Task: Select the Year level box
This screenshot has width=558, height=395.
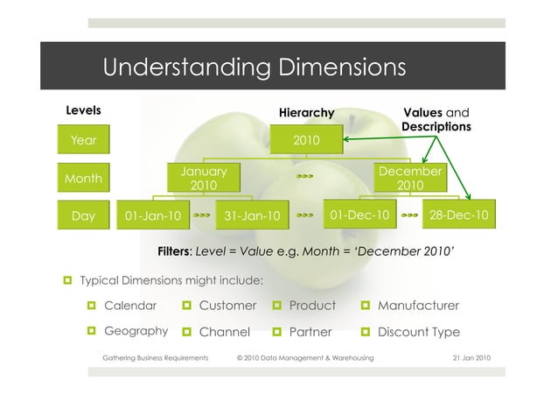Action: point(83,139)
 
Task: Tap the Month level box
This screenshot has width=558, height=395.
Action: point(83,179)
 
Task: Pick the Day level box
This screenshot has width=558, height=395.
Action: point(83,215)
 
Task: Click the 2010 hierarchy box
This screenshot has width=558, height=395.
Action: point(306,139)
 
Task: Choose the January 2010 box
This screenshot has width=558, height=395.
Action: point(204,179)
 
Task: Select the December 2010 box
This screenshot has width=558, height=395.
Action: point(409,179)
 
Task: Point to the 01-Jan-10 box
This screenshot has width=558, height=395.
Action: point(154,215)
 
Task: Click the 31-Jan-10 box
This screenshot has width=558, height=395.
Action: point(253,215)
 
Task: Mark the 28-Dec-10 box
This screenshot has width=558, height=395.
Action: point(459,214)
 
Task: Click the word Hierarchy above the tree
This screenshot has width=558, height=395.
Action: point(306,113)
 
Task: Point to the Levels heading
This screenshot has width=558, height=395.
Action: point(84,110)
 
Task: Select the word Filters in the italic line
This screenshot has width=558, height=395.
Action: point(174,252)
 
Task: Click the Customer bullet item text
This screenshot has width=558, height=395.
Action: point(227,306)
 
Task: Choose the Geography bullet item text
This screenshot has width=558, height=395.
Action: point(136,331)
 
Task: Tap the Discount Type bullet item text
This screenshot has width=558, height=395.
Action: point(419,332)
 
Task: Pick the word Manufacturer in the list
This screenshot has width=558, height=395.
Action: point(418,306)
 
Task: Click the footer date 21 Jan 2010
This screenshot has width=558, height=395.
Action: point(471,358)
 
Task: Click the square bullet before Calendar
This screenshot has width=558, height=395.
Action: point(91,306)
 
